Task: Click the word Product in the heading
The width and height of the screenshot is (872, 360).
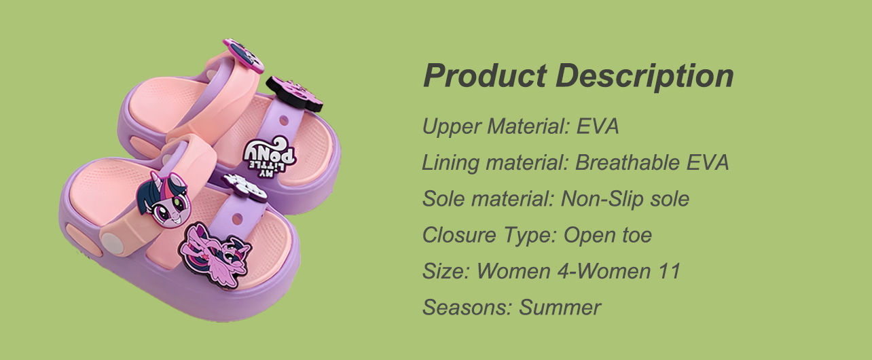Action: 485,75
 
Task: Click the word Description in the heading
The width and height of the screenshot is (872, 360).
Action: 644,77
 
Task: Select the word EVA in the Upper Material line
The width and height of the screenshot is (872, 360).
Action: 598,126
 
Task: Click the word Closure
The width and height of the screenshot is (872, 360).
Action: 458,235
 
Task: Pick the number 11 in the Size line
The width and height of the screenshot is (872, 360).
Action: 669,271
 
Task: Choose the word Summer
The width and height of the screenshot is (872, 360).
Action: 560,307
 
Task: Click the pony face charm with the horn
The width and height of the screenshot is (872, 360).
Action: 164,199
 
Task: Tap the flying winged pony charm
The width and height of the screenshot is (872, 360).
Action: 215,255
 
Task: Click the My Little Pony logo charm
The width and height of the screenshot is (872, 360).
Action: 270,155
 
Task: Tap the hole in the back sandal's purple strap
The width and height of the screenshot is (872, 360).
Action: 284,120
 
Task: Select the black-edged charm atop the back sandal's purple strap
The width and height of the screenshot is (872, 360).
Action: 295,94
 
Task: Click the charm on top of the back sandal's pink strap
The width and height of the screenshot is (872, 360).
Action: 243,56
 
